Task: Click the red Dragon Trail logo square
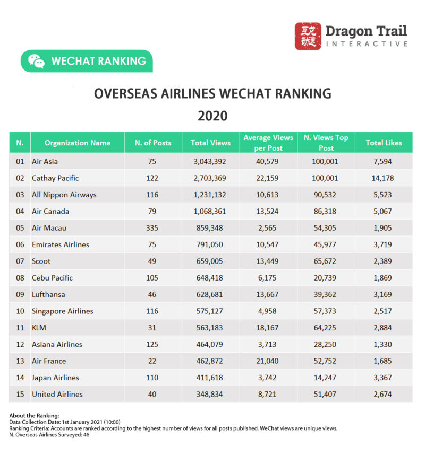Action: [x=308, y=36]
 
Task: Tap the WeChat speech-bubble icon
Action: [x=36, y=61]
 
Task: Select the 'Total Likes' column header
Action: [x=384, y=143]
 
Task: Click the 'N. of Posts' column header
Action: [x=152, y=143]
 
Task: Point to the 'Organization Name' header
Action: [x=78, y=143]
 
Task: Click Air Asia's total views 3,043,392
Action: [x=210, y=161]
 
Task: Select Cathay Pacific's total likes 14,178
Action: [x=384, y=178]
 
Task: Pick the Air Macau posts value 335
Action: [x=152, y=228]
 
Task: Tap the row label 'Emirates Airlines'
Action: [x=61, y=244]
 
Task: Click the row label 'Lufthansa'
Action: [x=48, y=294]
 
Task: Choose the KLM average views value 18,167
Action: [x=268, y=328]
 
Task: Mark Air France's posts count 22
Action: [x=152, y=361]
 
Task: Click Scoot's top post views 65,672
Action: [x=326, y=261]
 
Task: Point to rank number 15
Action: [x=20, y=395]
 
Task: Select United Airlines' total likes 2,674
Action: [x=384, y=395]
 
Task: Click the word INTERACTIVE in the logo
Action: [x=367, y=44]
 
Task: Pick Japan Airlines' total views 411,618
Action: [x=210, y=378]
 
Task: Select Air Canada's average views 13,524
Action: [x=268, y=211]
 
